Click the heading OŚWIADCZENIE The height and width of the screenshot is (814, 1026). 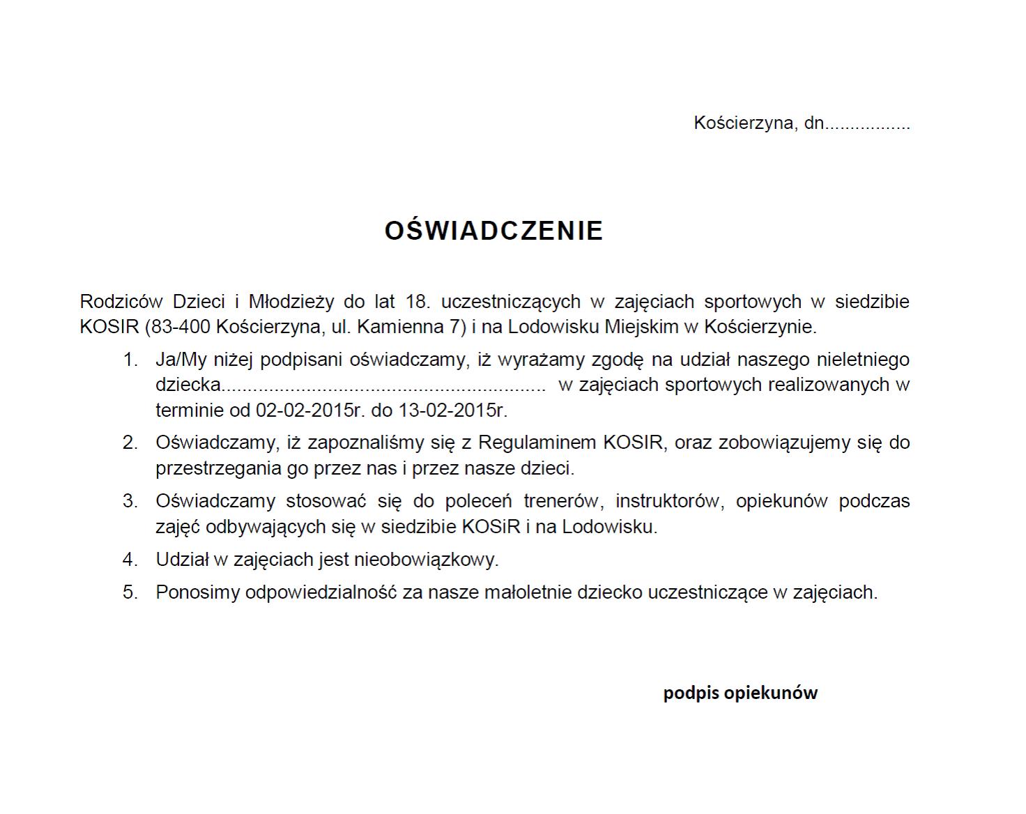(x=493, y=231)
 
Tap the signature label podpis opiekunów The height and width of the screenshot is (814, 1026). (x=740, y=693)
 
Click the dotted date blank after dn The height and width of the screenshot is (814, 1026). (x=868, y=124)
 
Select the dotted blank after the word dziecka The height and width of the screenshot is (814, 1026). (x=383, y=385)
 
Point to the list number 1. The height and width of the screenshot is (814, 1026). (x=130, y=360)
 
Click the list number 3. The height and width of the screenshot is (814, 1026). (x=130, y=501)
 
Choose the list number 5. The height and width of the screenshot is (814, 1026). (x=130, y=592)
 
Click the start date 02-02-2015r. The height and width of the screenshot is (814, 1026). (x=311, y=410)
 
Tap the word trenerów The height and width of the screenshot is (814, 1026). (x=561, y=501)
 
